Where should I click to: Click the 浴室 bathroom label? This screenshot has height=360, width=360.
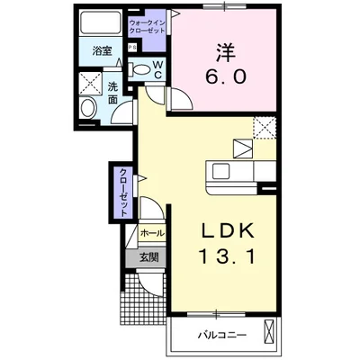[x=102, y=51]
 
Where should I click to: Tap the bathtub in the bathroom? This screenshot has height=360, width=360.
[x=101, y=23]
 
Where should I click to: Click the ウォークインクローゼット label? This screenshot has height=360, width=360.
[x=147, y=26]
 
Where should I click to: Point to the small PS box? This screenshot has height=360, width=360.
[x=132, y=48]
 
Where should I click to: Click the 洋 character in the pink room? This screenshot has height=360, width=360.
[x=225, y=53]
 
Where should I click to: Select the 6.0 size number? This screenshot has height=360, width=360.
[x=226, y=76]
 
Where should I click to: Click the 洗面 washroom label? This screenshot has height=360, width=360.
[x=112, y=94]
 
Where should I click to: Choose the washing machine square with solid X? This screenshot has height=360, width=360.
[x=91, y=83]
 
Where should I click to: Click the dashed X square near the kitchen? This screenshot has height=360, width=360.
[x=265, y=128]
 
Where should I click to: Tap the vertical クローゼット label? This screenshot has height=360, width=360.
[x=124, y=193]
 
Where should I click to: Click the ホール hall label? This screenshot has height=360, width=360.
[x=152, y=233]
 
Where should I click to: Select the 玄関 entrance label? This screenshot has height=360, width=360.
[x=148, y=257]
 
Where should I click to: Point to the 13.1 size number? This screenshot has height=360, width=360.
[x=227, y=257]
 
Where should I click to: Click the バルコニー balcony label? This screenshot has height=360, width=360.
[x=222, y=335]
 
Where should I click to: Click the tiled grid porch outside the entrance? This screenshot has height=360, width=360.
[x=143, y=300]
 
